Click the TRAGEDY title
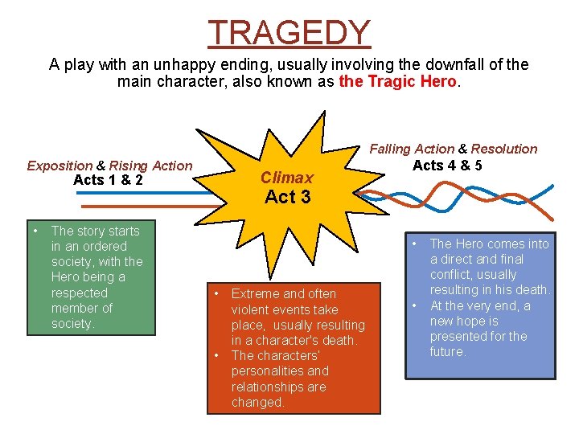[x=289, y=32]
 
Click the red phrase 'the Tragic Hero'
[x=397, y=81]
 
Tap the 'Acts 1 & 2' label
[x=108, y=180]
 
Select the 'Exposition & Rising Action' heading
[x=109, y=166]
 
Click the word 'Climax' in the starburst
[x=286, y=177]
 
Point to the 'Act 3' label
[x=287, y=196]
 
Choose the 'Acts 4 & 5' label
[x=447, y=165]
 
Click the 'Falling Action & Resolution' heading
[x=453, y=149]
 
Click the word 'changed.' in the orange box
[x=257, y=402]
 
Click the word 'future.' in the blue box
[x=448, y=351]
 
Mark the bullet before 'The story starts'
[x=37, y=231]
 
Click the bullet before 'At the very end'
[x=416, y=305]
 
